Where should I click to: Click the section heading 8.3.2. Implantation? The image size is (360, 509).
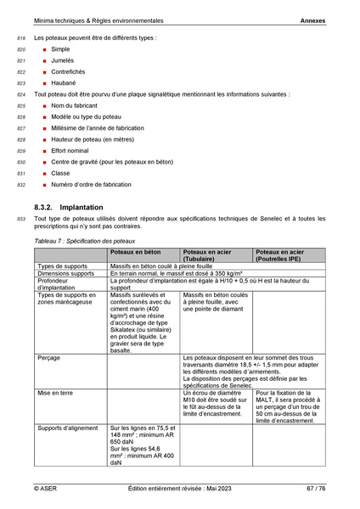(x=69, y=207)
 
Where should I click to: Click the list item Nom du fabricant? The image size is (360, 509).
(x=76, y=106)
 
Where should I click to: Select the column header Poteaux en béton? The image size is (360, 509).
(x=135, y=253)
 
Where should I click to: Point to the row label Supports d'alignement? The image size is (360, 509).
(x=67, y=428)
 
